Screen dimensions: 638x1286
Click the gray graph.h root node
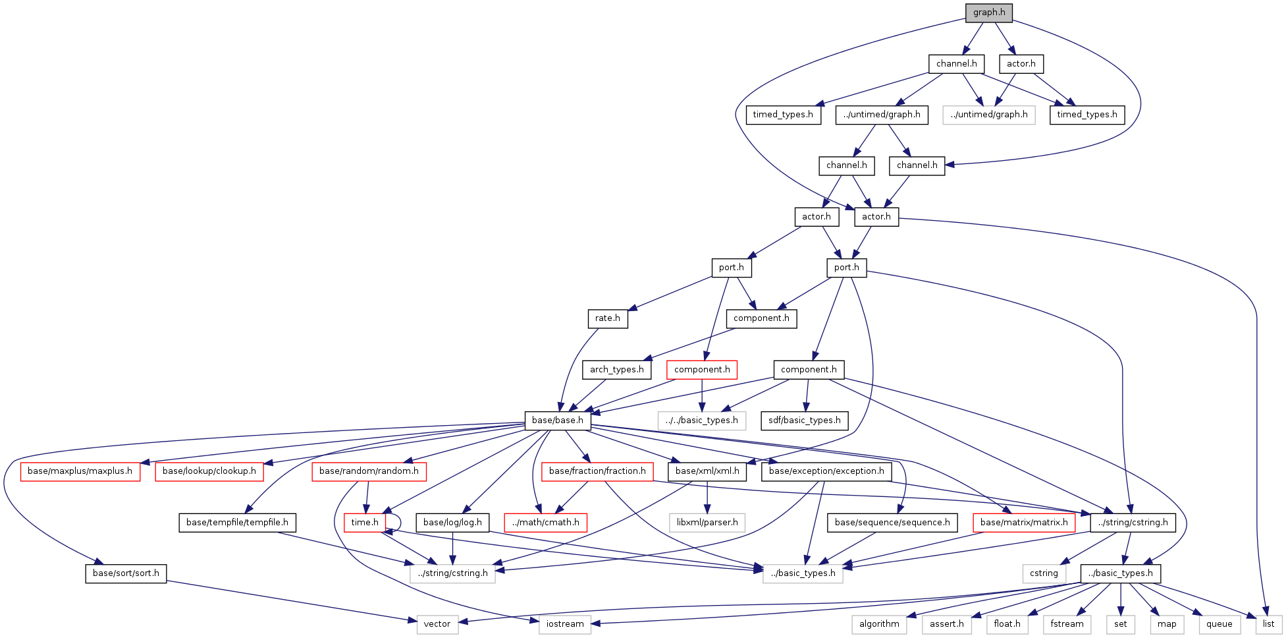989,13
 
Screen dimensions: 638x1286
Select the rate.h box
607,318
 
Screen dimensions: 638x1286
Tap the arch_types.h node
616,370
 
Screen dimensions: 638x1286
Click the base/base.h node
557,420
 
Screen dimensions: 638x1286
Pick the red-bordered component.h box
701,370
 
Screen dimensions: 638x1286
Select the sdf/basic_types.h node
804,420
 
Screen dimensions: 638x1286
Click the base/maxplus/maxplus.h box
80,471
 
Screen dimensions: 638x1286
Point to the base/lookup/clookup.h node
209,471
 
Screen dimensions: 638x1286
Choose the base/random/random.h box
369,471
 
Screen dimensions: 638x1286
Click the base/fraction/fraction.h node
597,471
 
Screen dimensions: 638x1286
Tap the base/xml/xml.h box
707,471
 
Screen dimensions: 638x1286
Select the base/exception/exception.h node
826,471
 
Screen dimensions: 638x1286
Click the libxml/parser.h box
707,523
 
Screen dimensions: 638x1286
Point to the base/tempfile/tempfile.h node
237,523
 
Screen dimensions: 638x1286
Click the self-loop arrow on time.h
397,523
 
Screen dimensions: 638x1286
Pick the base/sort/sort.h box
126,573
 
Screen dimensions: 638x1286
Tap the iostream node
564,624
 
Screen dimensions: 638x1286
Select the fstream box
1067,624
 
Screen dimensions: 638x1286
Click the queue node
1219,624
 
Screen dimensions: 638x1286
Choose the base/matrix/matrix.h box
1024,523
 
